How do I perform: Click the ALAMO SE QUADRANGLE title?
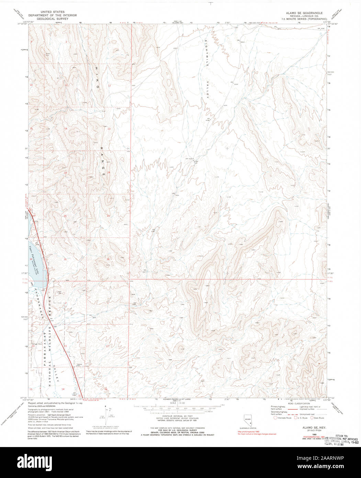[300, 12]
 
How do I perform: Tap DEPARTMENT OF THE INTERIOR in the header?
[53, 15]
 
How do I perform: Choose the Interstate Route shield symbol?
[275, 418]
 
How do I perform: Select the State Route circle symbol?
[312, 418]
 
